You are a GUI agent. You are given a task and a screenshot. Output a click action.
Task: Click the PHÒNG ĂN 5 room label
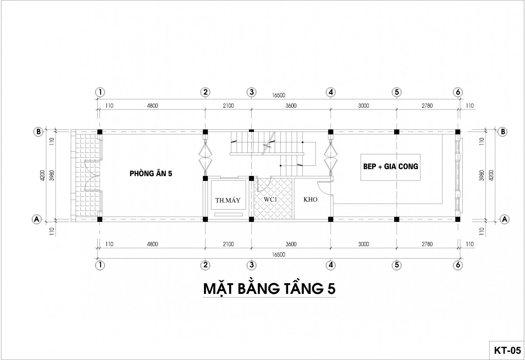[151, 173]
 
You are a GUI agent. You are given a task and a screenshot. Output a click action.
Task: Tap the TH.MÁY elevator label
[228, 200]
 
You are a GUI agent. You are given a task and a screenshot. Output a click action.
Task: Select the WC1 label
[271, 199]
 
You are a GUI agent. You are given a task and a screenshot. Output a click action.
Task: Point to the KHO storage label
[310, 199]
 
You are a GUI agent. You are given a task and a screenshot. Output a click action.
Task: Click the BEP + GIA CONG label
[391, 166]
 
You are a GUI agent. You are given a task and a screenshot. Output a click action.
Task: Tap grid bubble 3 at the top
[252, 92]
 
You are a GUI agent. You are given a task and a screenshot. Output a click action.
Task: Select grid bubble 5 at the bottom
[397, 265]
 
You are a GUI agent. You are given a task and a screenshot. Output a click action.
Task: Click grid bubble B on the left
[38, 132]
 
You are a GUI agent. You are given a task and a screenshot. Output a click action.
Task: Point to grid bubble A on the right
[504, 219]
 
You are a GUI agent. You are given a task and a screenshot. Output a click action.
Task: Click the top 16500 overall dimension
[279, 95]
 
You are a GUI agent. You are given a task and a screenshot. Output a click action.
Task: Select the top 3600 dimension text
[291, 106]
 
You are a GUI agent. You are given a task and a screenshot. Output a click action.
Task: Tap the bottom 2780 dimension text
[427, 244]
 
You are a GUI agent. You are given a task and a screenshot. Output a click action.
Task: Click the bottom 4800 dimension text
[152, 244]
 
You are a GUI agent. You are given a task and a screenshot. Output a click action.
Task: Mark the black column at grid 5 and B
[397, 132]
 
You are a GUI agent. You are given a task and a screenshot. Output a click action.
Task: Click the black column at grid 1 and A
[100, 219]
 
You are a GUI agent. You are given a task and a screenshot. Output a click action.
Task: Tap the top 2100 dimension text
[228, 106]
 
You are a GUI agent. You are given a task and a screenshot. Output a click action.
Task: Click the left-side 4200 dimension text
[42, 175]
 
